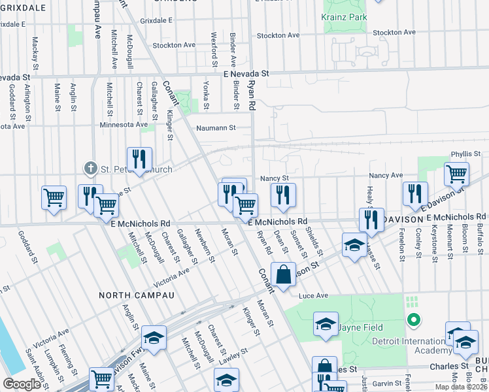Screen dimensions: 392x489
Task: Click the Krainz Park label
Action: point(345,17)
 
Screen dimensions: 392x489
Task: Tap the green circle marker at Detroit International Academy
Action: point(413,319)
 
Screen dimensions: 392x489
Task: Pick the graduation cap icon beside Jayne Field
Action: point(325,325)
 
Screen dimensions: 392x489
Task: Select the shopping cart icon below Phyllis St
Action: point(456,175)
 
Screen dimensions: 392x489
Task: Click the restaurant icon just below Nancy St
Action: point(283,195)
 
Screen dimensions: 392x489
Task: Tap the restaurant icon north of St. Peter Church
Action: point(139,159)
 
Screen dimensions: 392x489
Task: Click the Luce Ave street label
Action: point(312,296)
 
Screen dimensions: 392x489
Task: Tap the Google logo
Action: point(22,384)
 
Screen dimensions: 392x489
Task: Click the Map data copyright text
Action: point(461,387)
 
